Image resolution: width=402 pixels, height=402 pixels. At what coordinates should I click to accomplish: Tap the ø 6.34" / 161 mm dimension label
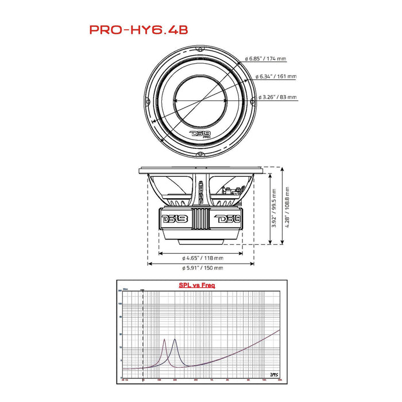[x=278, y=76]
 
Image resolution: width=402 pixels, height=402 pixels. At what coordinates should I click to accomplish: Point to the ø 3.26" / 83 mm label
[x=278, y=98]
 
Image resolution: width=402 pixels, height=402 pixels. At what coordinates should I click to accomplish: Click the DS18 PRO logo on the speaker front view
[x=200, y=135]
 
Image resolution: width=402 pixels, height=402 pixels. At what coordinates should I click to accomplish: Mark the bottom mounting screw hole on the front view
[x=200, y=154]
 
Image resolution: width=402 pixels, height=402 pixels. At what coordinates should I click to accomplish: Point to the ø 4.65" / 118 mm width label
[x=201, y=258]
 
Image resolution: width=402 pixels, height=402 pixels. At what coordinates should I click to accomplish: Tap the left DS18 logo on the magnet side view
[x=172, y=219]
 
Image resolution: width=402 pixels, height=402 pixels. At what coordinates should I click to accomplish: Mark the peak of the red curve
[x=164, y=339]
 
